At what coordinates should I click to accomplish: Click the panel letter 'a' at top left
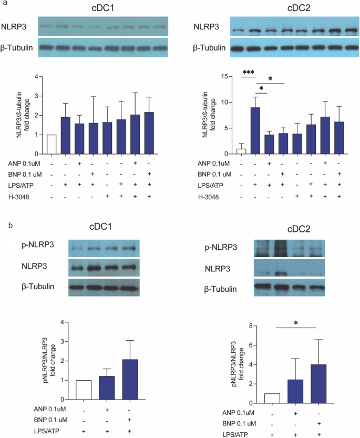(x=4, y=4)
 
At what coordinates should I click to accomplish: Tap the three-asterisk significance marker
(x=248, y=73)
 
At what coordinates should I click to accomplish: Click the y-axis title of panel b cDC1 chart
(x=55, y=360)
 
